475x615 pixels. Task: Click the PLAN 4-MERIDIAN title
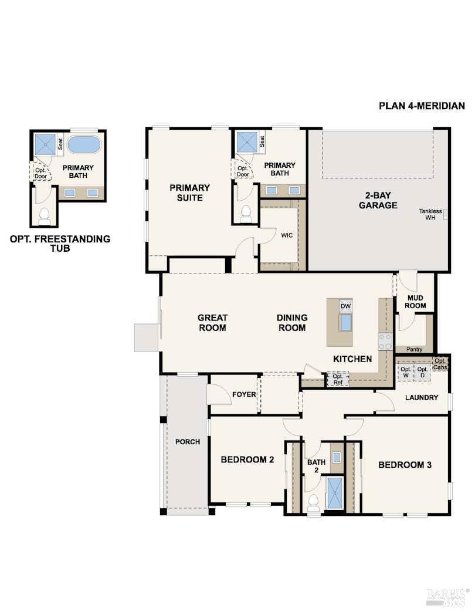(x=422, y=106)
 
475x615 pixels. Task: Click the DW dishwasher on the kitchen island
(x=345, y=306)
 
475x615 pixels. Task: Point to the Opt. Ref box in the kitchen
(x=338, y=379)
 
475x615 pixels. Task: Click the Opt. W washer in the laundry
(x=405, y=372)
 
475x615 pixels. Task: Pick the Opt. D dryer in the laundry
(x=422, y=372)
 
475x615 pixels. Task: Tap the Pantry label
(x=414, y=350)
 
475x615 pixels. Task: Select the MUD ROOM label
(x=416, y=302)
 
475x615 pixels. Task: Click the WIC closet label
(x=287, y=235)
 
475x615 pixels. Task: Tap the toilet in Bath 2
(x=314, y=502)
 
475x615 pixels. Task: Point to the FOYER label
(x=244, y=394)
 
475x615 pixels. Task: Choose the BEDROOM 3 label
(x=405, y=465)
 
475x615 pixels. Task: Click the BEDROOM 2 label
(x=247, y=459)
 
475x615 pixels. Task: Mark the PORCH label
(x=187, y=442)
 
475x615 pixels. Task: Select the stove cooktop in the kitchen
(x=385, y=342)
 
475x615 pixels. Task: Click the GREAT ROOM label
(x=212, y=323)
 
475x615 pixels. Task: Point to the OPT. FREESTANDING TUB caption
(x=60, y=244)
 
